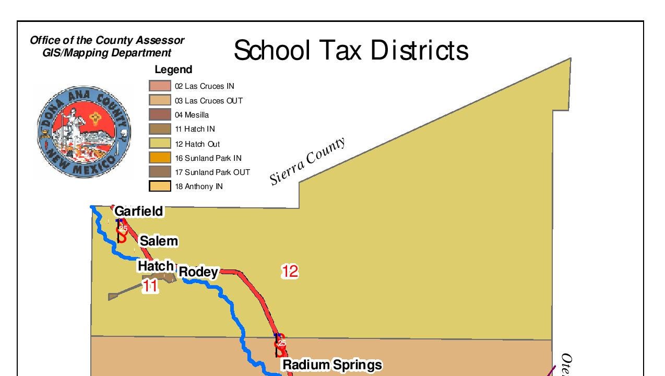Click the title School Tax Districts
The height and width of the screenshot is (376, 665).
point(351,51)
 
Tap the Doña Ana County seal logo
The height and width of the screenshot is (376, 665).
point(84,132)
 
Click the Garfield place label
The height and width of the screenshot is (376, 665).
point(138,211)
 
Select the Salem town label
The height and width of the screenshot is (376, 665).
point(159,241)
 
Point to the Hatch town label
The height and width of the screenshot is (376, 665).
point(155,266)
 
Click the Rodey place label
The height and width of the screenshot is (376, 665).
point(198,272)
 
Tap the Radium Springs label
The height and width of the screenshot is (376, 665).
point(332,365)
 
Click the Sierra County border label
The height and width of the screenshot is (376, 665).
point(307,161)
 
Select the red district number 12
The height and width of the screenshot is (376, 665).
point(290,271)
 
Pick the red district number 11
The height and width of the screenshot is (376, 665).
point(150,286)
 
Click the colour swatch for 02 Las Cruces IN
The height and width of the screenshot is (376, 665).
point(160,86)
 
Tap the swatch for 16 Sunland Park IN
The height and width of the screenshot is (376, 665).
point(160,158)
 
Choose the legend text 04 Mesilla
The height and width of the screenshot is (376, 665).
point(192,115)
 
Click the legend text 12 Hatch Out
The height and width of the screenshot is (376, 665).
point(197,144)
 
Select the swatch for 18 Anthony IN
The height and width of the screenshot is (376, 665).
point(160,186)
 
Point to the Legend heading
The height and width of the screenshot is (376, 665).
point(173,69)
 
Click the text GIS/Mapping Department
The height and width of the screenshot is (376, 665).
point(106,53)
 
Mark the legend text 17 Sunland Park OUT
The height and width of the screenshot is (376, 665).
point(212,172)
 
